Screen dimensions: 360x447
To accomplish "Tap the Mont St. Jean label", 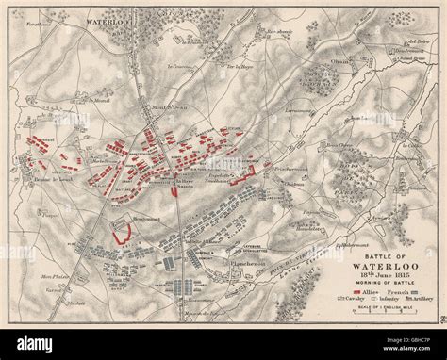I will point(156,109).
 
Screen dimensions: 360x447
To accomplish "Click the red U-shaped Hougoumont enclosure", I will point(120,232).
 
